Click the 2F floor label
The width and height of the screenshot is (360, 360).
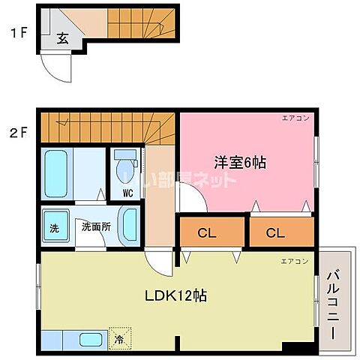[19, 135]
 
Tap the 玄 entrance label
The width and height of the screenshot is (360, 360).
[63, 39]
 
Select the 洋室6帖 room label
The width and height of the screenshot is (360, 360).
[240, 160]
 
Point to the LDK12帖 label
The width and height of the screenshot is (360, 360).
[176, 295]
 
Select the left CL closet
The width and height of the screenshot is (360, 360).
[208, 232]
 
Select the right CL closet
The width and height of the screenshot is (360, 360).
[276, 232]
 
